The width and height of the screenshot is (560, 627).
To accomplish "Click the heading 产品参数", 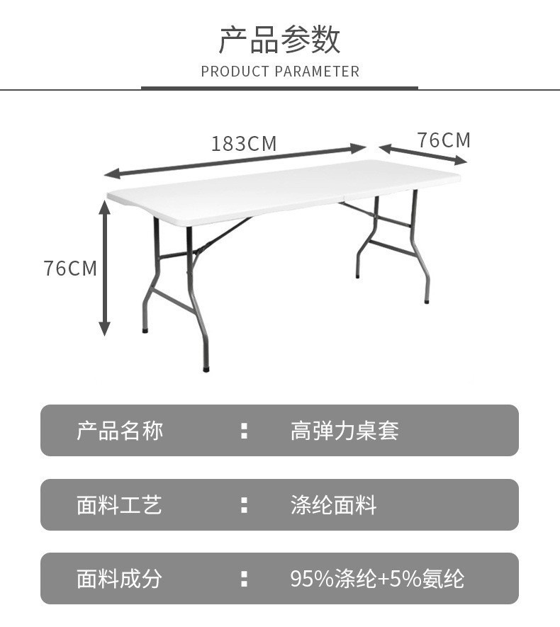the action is [x=279, y=39].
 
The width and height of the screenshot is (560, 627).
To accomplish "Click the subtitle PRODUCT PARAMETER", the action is [x=280, y=72].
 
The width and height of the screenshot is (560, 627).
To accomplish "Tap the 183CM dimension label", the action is [x=243, y=144].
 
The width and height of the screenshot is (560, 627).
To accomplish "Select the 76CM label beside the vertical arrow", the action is [x=69, y=269].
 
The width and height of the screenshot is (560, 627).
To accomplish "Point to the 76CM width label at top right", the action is [x=443, y=140].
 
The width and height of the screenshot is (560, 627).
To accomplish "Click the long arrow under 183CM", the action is [x=235, y=161].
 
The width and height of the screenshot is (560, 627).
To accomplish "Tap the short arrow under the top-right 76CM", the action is [x=422, y=154].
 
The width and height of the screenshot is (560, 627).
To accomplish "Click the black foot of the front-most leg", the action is [x=206, y=368].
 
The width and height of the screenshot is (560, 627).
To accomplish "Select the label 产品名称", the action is [x=120, y=431].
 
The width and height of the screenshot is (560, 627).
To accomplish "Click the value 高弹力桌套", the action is [x=345, y=431].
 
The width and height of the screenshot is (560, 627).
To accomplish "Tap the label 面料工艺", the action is [x=120, y=504].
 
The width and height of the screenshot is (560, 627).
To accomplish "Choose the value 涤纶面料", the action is [x=333, y=504].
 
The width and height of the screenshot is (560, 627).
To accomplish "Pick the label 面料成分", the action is [x=120, y=578].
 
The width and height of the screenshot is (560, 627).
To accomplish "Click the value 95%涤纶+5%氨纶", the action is [x=377, y=578].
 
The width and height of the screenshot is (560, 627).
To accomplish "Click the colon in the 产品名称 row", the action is [x=244, y=431].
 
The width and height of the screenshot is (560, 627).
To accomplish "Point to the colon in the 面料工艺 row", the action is [x=244, y=504].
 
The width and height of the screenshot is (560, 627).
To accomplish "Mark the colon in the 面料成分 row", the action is [x=244, y=578].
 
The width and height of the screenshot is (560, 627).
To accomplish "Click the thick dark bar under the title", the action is [x=279, y=88].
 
